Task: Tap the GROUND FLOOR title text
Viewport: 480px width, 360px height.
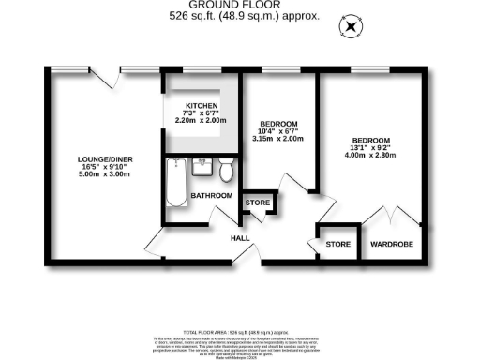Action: click(232, 6)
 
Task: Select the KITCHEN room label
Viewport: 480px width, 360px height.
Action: click(202, 105)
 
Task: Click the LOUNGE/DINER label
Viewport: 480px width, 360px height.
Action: click(105, 159)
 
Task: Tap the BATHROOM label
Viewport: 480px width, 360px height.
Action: click(212, 195)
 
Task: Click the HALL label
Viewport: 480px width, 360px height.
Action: click(241, 238)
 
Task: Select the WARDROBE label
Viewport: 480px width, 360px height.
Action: click(389, 245)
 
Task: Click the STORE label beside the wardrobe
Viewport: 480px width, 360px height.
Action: click(337, 245)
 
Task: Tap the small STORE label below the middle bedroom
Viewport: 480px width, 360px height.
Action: click(257, 202)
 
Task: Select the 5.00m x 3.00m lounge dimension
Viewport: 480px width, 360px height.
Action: click(105, 174)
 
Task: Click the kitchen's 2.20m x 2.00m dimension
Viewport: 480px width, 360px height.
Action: click(202, 121)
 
